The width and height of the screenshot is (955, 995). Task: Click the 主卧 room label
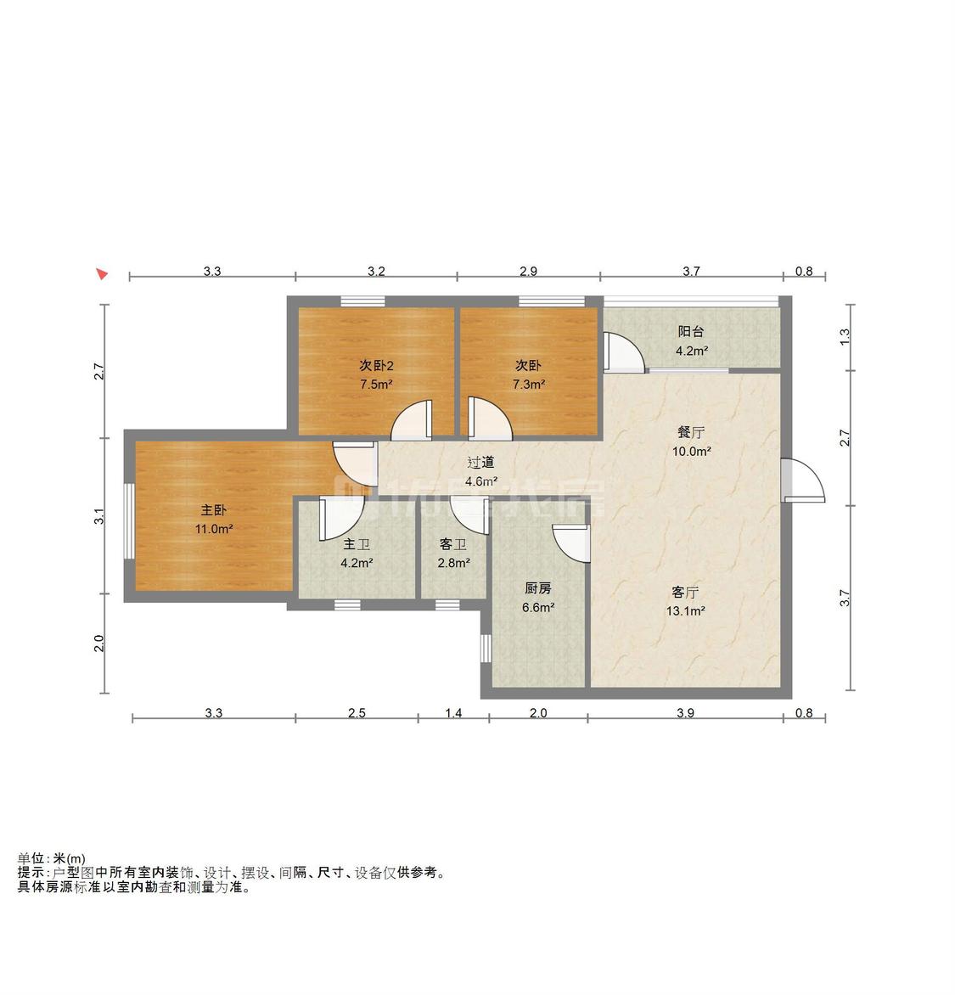(x=213, y=510)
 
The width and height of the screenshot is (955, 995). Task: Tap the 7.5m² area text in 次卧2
(x=375, y=384)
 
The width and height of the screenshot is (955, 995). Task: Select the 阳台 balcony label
(x=690, y=332)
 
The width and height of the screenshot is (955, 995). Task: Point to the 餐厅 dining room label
(x=690, y=433)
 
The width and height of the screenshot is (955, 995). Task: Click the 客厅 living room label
(x=685, y=592)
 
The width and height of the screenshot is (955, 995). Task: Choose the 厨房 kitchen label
(x=538, y=587)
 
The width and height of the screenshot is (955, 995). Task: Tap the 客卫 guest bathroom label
(x=453, y=544)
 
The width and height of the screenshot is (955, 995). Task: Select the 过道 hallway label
(x=480, y=463)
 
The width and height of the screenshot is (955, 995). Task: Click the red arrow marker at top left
(x=102, y=273)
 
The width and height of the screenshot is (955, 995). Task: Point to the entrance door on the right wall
(x=802, y=480)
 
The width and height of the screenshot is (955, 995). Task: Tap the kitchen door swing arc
(x=570, y=543)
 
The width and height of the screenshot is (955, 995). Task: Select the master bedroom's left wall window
(x=128, y=520)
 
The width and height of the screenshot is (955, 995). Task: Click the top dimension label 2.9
(x=528, y=272)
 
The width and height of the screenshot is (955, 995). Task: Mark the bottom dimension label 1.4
(x=453, y=713)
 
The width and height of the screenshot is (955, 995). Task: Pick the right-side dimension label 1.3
(x=844, y=337)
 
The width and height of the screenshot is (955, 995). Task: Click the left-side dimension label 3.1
(x=99, y=516)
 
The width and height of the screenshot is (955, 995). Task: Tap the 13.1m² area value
(x=687, y=610)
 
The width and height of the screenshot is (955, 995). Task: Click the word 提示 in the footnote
(x=32, y=873)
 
